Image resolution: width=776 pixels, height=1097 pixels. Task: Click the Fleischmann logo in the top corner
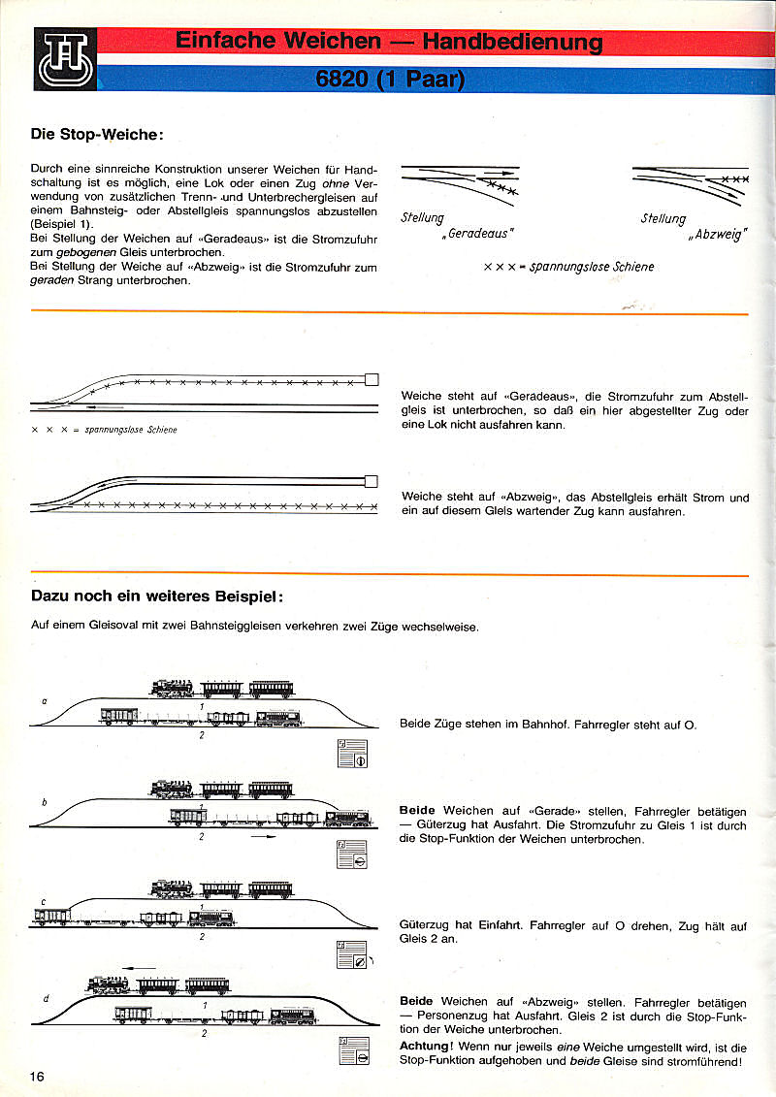pos(65,59)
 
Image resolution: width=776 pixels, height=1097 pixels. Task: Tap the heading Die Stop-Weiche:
pos(97,135)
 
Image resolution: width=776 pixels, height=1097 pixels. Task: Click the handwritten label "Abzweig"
pos(716,234)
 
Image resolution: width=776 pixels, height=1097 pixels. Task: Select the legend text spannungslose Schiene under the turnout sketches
pos(592,267)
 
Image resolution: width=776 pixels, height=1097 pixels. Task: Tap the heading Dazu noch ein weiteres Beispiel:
pos(157,595)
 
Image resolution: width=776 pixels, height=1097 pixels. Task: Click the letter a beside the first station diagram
pos(44,699)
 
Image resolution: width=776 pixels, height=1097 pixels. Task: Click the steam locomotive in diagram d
pos(108,984)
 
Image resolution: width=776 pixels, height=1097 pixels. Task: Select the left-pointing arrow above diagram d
pos(141,966)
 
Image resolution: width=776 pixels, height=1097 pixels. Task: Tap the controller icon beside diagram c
pos(351,954)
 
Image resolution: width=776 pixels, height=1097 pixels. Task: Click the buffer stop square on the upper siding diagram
pos(371,379)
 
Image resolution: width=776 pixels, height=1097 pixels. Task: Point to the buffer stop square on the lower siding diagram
pos(371,481)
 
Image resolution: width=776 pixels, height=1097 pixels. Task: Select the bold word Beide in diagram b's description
pos(417,810)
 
